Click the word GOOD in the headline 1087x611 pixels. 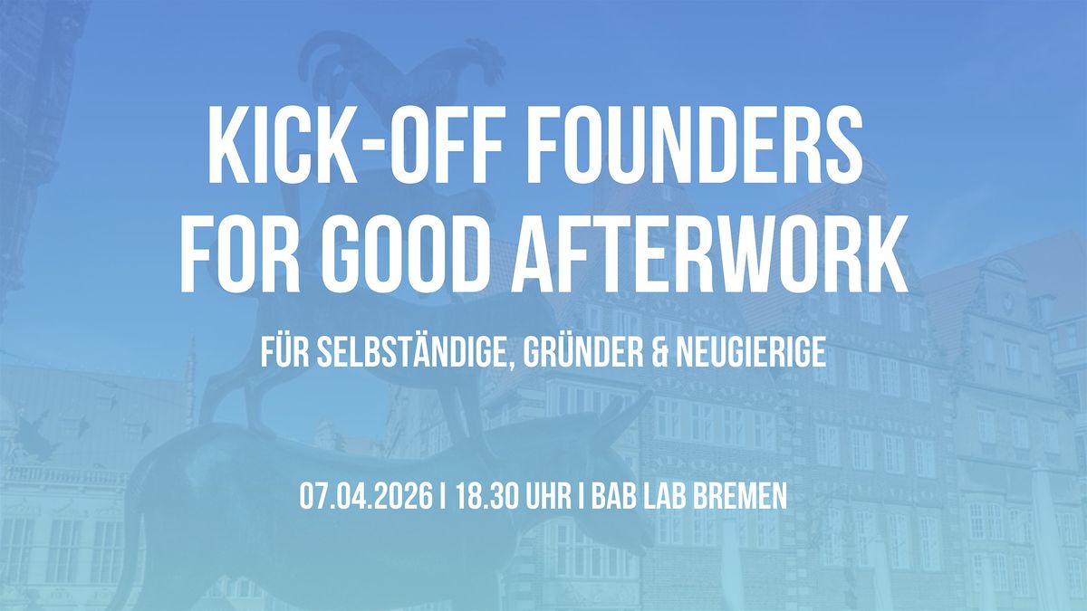[409, 253]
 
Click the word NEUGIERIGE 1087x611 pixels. [751, 352]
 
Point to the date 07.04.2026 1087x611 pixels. [365, 496]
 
